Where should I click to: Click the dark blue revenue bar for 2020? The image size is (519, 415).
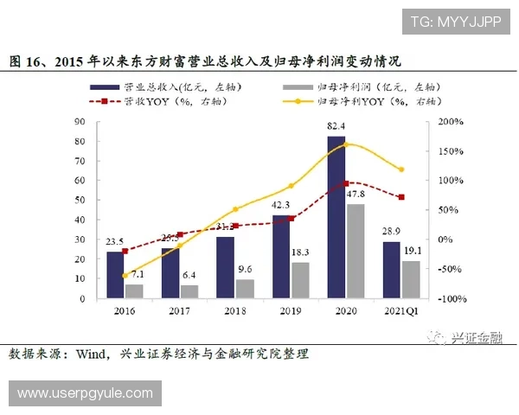336,217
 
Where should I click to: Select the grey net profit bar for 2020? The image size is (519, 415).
355,251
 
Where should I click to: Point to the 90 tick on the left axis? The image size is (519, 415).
80,122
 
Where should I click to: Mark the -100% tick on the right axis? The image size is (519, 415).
452,299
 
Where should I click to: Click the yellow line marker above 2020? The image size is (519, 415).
346,144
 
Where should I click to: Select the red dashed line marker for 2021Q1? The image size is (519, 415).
401,197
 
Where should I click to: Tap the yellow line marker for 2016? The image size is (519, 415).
125,275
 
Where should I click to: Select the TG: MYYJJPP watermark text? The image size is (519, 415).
455,22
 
